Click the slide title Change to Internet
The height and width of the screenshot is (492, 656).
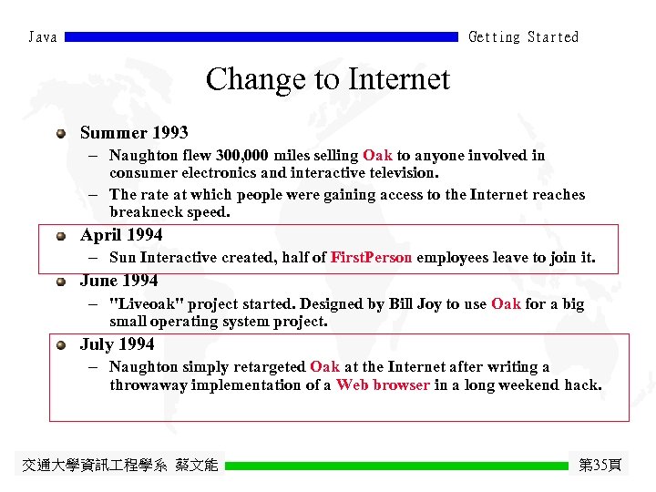(x=327, y=79)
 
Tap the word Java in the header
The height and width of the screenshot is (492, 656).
(x=42, y=37)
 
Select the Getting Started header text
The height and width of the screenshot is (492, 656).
(x=523, y=37)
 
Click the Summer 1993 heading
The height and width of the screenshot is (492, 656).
(x=134, y=133)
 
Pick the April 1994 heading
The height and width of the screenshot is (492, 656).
(x=121, y=235)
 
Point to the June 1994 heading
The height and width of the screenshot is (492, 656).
(x=118, y=281)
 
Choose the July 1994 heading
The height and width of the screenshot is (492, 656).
(x=117, y=344)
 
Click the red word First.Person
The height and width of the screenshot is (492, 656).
(x=371, y=258)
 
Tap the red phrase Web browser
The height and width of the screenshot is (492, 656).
(x=383, y=384)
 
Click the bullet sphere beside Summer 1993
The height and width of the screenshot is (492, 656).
(x=60, y=134)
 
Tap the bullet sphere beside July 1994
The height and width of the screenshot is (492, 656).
(x=60, y=345)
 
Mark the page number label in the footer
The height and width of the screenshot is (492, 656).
(x=600, y=466)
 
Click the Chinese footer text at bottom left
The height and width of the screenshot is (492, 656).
(x=119, y=466)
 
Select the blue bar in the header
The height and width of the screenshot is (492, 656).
(x=261, y=37)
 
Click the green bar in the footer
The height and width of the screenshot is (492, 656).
(x=396, y=466)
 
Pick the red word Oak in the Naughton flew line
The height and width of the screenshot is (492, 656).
(x=377, y=156)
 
